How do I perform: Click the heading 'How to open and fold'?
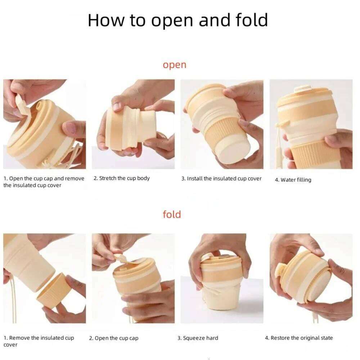178,20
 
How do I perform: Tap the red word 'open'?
175,65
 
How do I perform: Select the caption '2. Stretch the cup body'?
121,179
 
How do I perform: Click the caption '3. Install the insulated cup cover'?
221,179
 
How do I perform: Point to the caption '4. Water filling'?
293,180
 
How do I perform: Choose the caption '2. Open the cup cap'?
114,338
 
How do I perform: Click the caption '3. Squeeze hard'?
198,338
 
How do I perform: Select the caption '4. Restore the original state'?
299,338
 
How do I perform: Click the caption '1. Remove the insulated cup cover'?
39,341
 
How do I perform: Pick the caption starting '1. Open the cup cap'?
44,181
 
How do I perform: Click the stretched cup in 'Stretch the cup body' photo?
131,128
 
